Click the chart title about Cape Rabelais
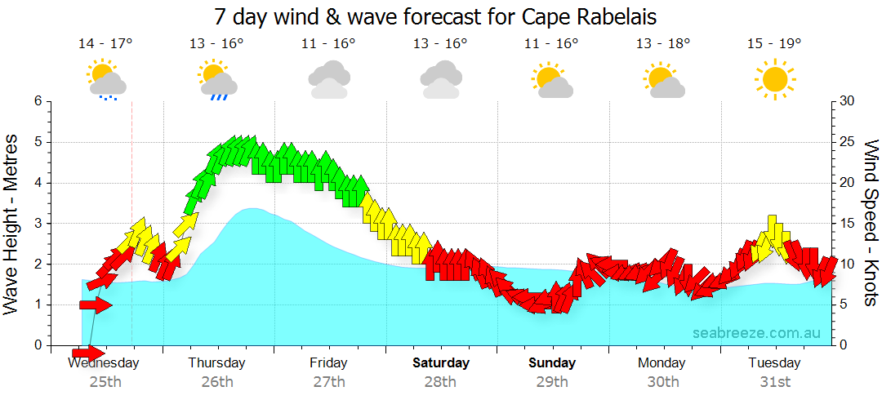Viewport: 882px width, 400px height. pyautogui.click(x=435, y=16)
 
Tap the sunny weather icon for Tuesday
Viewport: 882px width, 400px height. pyautogui.click(x=774, y=79)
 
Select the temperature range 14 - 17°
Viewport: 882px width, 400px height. pyautogui.click(x=105, y=44)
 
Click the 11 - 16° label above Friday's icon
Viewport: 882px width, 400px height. pyautogui.click(x=328, y=44)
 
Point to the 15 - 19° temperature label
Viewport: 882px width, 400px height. pyautogui.click(x=774, y=44)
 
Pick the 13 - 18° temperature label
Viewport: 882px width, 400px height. pyautogui.click(x=663, y=44)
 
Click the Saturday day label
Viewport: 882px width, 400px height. pyautogui.click(x=440, y=362)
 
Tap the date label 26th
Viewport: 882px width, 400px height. pyautogui.click(x=217, y=381)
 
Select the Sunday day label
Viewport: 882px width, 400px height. pyautogui.click(x=551, y=362)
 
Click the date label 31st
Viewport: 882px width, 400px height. pyautogui.click(x=774, y=381)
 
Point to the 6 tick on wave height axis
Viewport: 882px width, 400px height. pyautogui.click(x=36, y=101)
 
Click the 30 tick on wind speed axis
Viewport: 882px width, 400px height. pyautogui.click(x=847, y=101)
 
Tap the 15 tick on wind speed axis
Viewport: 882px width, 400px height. pyautogui.click(x=847, y=223)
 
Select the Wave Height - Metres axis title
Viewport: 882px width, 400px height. pyautogui.click(x=12, y=223)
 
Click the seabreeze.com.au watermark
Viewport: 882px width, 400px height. pyautogui.click(x=756, y=333)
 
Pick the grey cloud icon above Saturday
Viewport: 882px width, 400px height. pyautogui.click(x=440, y=80)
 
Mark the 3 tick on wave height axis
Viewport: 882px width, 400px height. pyautogui.click(x=36, y=223)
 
